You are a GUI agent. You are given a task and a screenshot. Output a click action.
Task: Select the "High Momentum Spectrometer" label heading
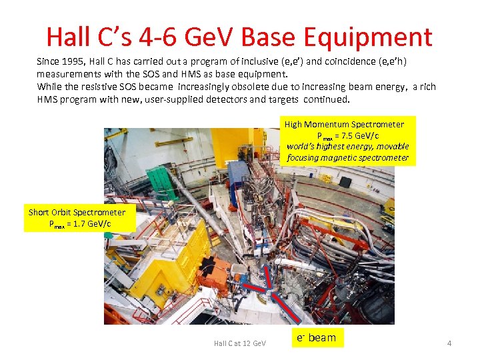pyautogui.click(x=344, y=124)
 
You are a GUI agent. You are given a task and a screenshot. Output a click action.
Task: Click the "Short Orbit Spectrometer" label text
pyautogui.click(x=77, y=213)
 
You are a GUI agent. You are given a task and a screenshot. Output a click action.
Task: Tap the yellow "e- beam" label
pyautogui.click(x=317, y=337)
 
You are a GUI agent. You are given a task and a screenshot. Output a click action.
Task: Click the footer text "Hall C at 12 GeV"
pyautogui.click(x=239, y=343)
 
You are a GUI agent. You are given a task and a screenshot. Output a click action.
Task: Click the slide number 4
pyautogui.click(x=449, y=343)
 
